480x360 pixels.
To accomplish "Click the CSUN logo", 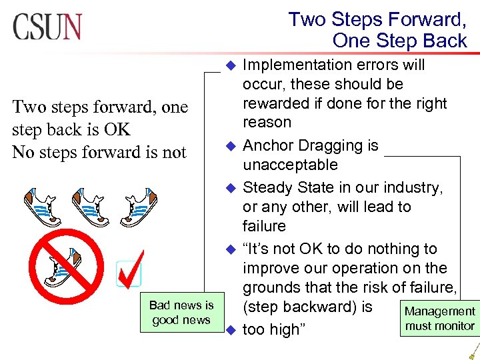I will [x=47, y=26].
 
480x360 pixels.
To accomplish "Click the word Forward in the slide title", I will [x=427, y=19].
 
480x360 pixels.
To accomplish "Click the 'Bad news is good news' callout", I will [x=181, y=313].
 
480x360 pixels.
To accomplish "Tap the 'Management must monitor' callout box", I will [x=439, y=319].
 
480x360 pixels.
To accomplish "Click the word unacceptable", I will [x=290, y=165].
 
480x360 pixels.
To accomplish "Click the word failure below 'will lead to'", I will [x=264, y=226].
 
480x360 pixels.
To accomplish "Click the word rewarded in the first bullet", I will [x=275, y=103].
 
